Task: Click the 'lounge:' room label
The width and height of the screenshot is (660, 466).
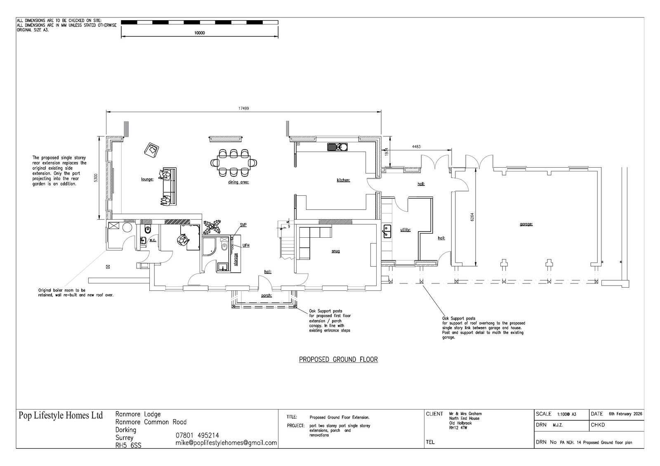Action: point(147,179)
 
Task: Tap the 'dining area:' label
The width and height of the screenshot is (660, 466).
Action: point(238,182)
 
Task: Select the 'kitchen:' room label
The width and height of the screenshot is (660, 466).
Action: point(343,180)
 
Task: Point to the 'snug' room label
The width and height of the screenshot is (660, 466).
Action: point(336,251)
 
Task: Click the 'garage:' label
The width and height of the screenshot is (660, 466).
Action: point(526,224)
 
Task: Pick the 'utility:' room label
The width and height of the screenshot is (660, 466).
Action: point(405,229)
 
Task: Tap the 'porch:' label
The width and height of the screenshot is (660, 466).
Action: point(266,295)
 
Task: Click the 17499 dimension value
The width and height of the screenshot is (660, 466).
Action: point(243,108)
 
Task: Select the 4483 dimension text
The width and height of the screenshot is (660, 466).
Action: point(416,146)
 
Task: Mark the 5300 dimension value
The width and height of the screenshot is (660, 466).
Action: point(95,178)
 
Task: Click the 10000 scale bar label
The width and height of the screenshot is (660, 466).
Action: point(200,33)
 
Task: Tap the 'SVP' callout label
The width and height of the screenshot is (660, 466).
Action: point(243,225)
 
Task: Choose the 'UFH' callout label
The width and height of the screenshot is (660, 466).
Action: point(246,246)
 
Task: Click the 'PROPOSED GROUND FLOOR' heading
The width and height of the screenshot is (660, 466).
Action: point(338,359)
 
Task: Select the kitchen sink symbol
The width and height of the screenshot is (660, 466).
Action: point(337,147)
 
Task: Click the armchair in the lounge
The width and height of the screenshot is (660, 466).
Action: point(151,150)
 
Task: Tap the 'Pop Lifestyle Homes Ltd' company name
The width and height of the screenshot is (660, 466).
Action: point(61,415)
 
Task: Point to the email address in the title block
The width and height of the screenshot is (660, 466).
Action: point(226,443)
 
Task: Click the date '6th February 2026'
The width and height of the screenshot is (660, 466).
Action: point(625,414)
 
